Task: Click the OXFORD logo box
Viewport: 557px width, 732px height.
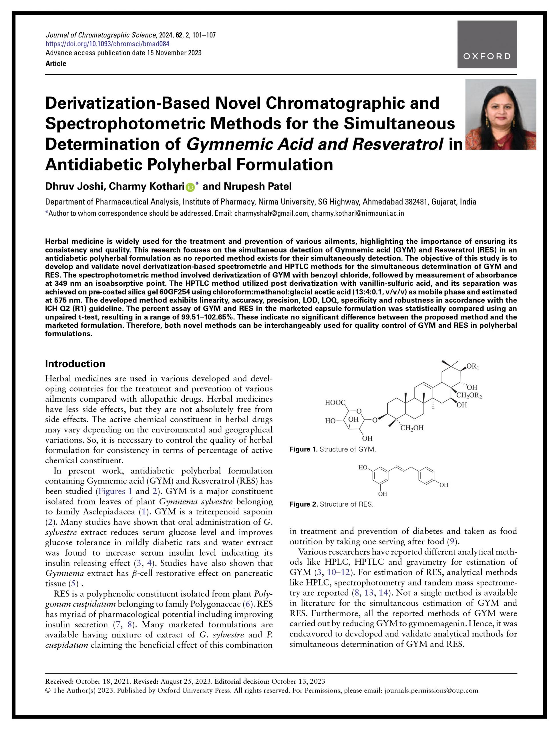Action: point(487,44)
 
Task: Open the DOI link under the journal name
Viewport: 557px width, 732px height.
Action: point(108,44)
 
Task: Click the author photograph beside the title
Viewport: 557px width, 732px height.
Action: point(501,114)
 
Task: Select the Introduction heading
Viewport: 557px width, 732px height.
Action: point(75,364)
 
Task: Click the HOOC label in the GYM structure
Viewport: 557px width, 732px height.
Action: point(335,403)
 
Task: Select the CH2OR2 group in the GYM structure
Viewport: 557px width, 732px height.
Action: point(469,395)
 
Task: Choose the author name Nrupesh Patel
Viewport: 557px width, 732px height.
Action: point(258,187)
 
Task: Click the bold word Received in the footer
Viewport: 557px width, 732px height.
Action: point(59,682)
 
